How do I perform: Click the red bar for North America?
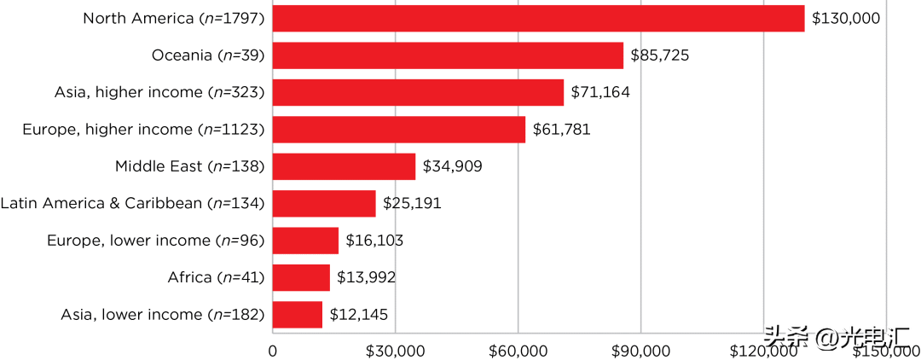tap(538, 19)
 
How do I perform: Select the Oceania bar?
tap(448, 55)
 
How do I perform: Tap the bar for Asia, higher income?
tap(418, 92)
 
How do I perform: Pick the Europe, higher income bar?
tap(399, 130)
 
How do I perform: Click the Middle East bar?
tap(344, 166)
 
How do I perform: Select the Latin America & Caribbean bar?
tap(324, 203)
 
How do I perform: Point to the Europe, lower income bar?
tap(305, 241)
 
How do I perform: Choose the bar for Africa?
tap(301, 277)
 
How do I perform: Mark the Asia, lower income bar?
tap(298, 314)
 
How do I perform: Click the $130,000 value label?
tap(845, 19)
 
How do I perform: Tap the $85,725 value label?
tap(659, 55)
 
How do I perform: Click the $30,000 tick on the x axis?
tap(396, 351)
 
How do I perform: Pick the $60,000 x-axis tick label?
tap(518, 351)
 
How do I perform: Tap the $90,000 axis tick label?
tap(641, 351)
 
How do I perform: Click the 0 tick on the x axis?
tap(273, 351)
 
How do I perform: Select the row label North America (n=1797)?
tap(174, 19)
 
